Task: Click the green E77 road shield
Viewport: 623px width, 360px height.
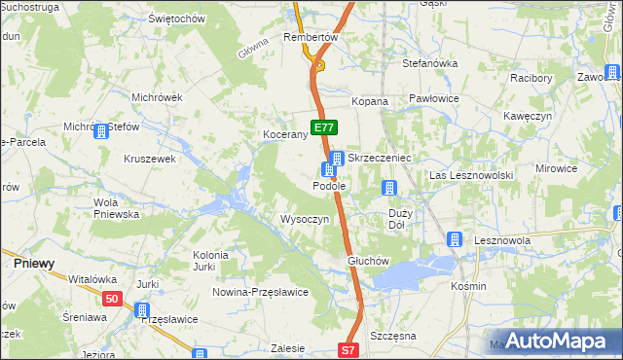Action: point(324,126)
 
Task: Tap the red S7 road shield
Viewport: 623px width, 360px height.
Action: point(349,349)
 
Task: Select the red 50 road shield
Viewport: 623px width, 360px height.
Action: point(112,299)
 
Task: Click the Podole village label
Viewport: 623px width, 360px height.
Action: point(328,185)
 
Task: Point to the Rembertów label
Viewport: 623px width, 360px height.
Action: point(310,37)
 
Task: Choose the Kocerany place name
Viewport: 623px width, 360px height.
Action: point(285,135)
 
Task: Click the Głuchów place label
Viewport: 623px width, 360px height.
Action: point(368,262)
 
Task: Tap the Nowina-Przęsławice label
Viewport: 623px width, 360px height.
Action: point(261,291)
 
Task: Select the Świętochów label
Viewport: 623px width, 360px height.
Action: point(175,18)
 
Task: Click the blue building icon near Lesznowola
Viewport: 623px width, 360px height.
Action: point(455,239)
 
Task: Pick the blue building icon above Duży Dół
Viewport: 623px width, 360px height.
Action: point(389,188)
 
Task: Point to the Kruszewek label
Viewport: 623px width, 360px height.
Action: point(149,158)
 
